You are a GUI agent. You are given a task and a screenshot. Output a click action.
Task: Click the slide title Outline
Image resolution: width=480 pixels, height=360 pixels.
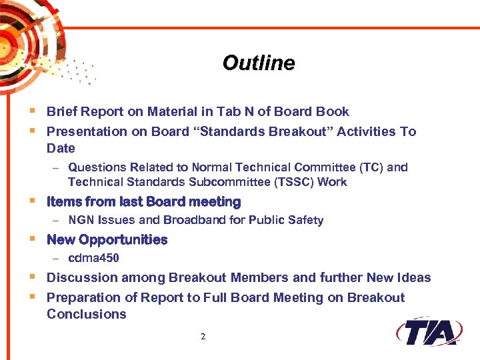(258, 63)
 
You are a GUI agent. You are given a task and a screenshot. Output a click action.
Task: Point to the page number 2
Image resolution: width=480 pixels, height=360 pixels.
(203, 337)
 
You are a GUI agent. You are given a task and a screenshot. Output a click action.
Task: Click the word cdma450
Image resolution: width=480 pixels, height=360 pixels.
(94, 258)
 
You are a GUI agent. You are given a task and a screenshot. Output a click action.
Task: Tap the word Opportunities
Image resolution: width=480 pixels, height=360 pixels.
(123, 239)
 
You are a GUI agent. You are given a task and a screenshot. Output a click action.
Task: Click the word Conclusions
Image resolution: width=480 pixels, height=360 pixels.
(86, 314)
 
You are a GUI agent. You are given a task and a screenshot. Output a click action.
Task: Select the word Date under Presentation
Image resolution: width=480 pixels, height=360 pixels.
(61, 148)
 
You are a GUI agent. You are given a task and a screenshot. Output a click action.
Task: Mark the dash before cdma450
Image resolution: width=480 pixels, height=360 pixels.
(57, 259)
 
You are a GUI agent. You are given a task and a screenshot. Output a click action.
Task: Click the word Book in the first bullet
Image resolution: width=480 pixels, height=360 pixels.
(333, 111)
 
